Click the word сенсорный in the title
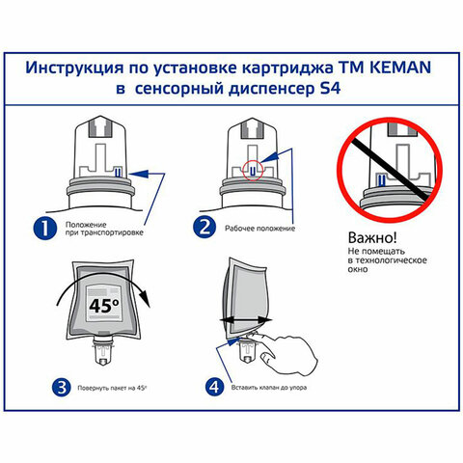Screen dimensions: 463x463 189,93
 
